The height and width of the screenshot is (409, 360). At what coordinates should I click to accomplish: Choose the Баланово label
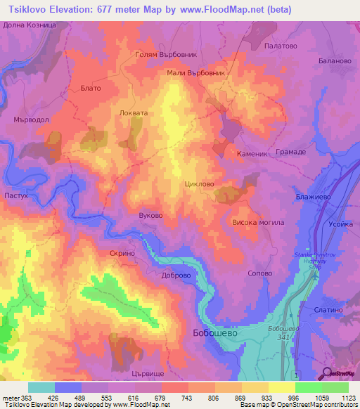tap(334, 61)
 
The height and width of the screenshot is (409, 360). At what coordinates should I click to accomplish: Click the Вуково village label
tap(150, 215)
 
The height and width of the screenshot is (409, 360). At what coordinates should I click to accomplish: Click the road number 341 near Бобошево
tap(282, 337)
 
